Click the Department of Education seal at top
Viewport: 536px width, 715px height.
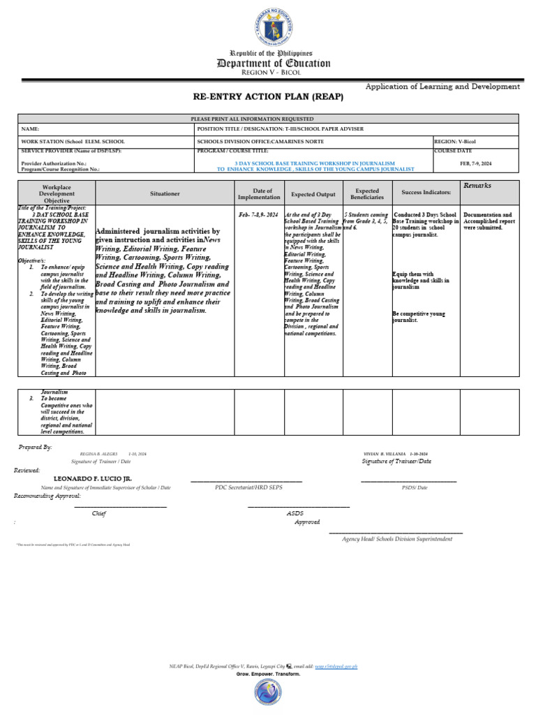point(273,25)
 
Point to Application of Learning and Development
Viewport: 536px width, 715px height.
point(442,87)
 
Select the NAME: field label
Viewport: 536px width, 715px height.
point(31,129)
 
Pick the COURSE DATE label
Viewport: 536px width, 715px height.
point(453,150)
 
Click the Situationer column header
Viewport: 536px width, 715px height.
point(165,192)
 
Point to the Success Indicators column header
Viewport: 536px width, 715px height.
point(426,192)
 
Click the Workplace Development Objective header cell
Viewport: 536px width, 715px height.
point(57,193)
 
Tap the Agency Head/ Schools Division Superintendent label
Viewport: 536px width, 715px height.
point(397,539)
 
